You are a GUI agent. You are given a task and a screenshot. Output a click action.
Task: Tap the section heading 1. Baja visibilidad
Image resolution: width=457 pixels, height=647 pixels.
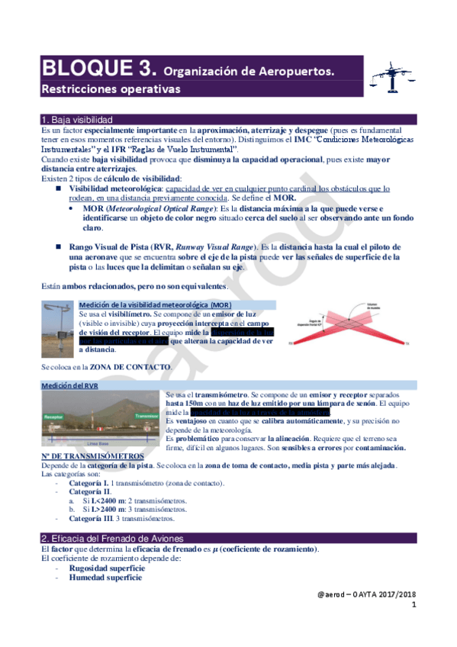point(78,121)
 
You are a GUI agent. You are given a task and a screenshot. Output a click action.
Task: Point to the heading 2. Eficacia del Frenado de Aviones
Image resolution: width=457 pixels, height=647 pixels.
point(111,517)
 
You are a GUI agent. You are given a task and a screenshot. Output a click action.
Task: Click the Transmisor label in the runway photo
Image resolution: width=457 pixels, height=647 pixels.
point(146,417)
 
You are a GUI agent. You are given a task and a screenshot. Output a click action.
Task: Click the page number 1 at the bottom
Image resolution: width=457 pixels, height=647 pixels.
point(414,606)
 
